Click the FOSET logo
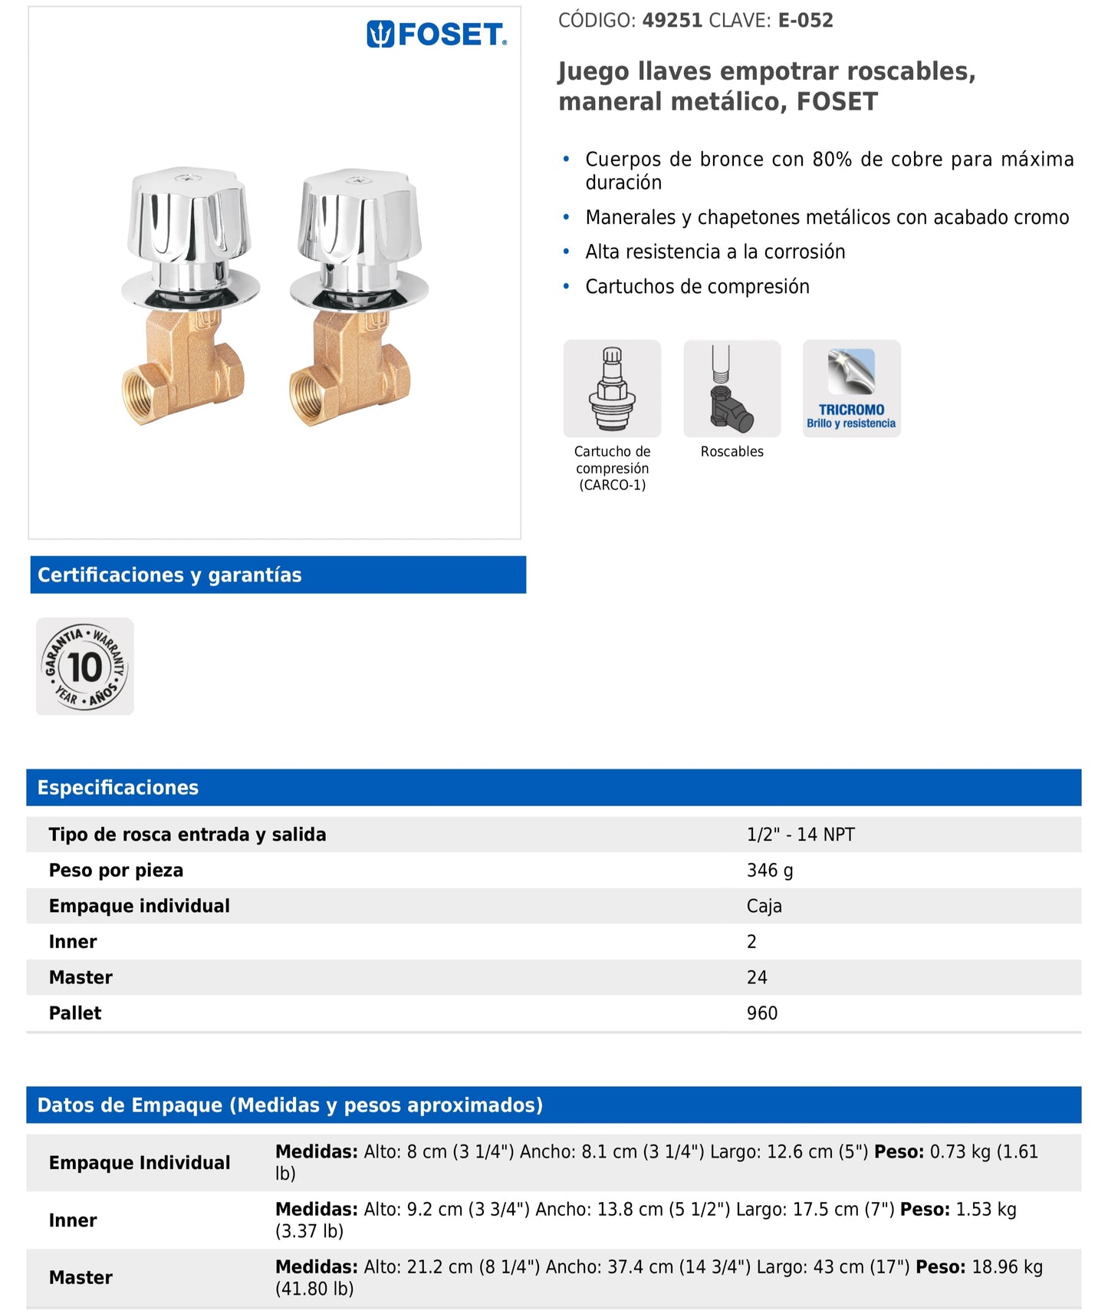point(436,35)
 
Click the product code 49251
point(672,21)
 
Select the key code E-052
point(805,21)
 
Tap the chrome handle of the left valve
point(189,219)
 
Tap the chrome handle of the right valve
point(359,220)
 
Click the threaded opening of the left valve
point(141,397)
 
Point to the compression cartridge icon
point(612,389)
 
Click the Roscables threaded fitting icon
point(732,389)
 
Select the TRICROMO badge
point(851,389)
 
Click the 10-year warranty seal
point(85,667)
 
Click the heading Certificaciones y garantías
point(169,575)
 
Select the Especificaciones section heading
point(118,788)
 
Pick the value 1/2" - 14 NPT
point(801,835)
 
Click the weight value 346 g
point(770,871)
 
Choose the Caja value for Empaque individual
point(764,906)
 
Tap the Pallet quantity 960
point(762,1013)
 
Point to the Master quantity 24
point(757,977)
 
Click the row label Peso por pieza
point(116,871)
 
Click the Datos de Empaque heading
point(290,1105)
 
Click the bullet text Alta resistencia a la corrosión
point(715,252)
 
